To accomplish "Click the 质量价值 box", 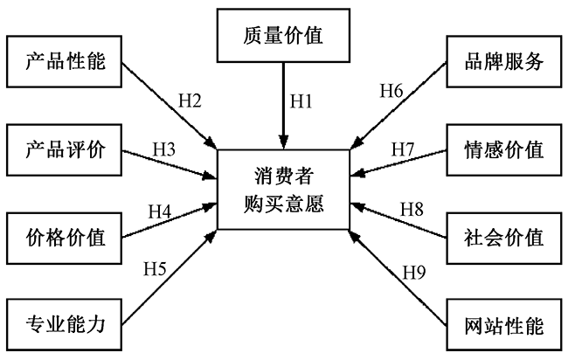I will coord(284,38).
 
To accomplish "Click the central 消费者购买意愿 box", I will coord(283,190).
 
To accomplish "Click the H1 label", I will coord(301,101).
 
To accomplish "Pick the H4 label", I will coord(159,211).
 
